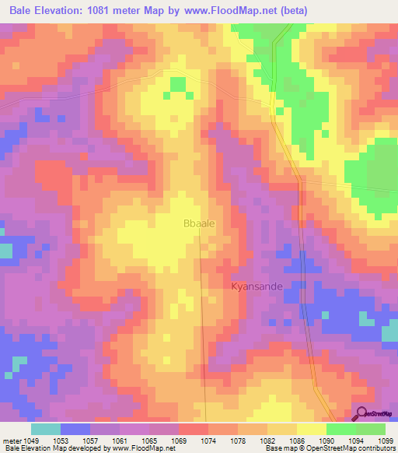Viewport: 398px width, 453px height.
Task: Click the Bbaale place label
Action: point(198,223)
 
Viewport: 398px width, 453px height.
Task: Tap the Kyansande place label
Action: point(257,286)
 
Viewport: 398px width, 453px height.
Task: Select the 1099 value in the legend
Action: point(387,440)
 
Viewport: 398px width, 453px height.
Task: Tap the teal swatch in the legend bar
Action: point(46,429)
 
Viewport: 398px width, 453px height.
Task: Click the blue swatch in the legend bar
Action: point(75,429)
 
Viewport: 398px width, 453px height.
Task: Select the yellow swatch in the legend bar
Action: point(312,429)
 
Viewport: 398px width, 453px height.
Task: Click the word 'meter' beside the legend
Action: point(13,440)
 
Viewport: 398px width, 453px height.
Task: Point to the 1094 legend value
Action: point(355,440)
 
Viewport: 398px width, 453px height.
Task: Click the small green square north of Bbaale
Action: point(178,84)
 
